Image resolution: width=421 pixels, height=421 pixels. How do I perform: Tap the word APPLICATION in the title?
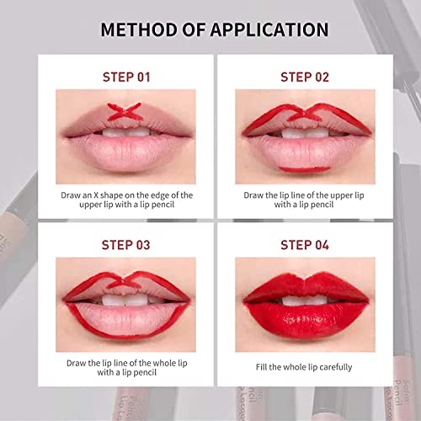pyautogui.click(x=269, y=29)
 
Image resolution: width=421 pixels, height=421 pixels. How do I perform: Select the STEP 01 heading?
pyautogui.click(x=126, y=77)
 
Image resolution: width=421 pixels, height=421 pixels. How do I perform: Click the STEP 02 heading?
pyautogui.click(x=305, y=77)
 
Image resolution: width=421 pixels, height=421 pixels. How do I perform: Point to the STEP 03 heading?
pyautogui.click(x=125, y=245)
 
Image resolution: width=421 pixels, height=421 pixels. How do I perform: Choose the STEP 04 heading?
pyautogui.click(x=305, y=245)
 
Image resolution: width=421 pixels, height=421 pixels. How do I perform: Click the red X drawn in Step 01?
pyautogui.click(x=125, y=112)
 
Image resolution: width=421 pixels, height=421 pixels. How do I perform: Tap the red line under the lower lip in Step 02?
pyautogui.click(x=305, y=169)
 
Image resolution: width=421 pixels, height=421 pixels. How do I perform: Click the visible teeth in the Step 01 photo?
pyautogui.click(x=125, y=132)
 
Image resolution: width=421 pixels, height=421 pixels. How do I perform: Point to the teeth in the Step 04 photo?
pyautogui.click(x=305, y=301)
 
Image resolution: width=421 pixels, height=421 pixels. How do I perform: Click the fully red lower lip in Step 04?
pyautogui.click(x=306, y=320)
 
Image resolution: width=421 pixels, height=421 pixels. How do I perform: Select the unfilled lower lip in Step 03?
pyautogui.click(x=127, y=319)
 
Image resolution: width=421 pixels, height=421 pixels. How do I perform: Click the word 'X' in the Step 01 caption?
pyautogui.click(x=96, y=195)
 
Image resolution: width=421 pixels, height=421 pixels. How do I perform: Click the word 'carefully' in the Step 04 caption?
pyautogui.click(x=336, y=367)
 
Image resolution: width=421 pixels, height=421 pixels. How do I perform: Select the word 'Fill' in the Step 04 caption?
pyautogui.click(x=261, y=367)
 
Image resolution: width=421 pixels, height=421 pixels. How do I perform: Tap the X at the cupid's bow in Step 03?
pyautogui.click(x=124, y=280)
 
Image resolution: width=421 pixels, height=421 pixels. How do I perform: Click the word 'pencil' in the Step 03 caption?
pyautogui.click(x=144, y=373)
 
